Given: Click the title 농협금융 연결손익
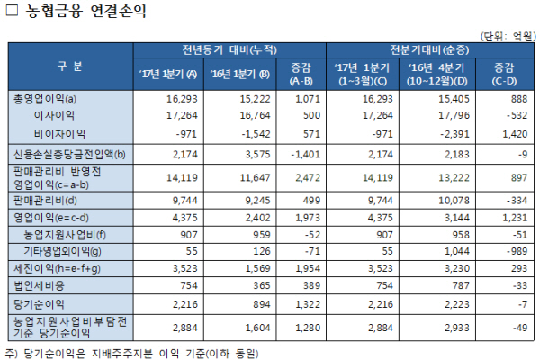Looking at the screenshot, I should click(x=82, y=12).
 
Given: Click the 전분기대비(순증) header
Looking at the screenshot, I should click(x=427, y=49).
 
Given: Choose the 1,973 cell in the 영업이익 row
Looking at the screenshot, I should click(x=297, y=217).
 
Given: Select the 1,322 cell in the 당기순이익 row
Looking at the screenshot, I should click(x=297, y=304).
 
